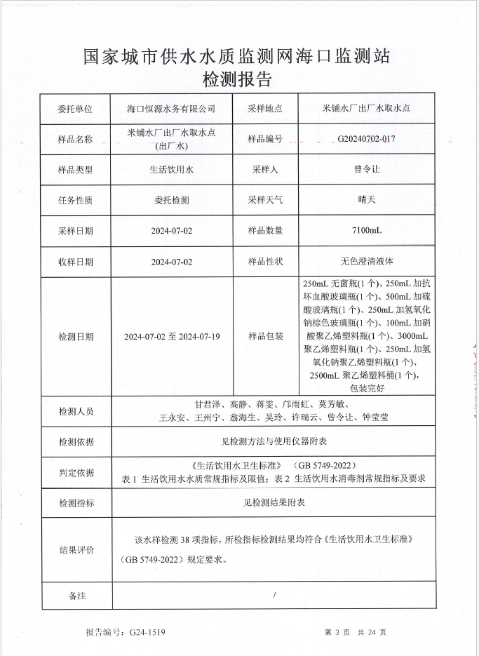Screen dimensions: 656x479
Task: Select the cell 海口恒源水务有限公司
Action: click(171, 109)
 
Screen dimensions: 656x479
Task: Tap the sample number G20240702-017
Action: click(366, 139)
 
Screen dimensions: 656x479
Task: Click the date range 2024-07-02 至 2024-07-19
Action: click(171, 337)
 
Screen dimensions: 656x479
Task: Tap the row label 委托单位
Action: click(75, 109)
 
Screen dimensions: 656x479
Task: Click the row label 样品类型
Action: click(75, 169)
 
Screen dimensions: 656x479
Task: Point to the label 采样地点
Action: click(265, 109)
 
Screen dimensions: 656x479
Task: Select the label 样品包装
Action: click(265, 337)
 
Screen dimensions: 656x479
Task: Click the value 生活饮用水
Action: click(171, 169)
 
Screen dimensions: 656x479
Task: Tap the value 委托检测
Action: click(171, 200)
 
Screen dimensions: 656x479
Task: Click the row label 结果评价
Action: click(75, 549)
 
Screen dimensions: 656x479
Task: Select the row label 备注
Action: click(75, 596)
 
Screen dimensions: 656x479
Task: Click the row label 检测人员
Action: click(75, 411)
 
